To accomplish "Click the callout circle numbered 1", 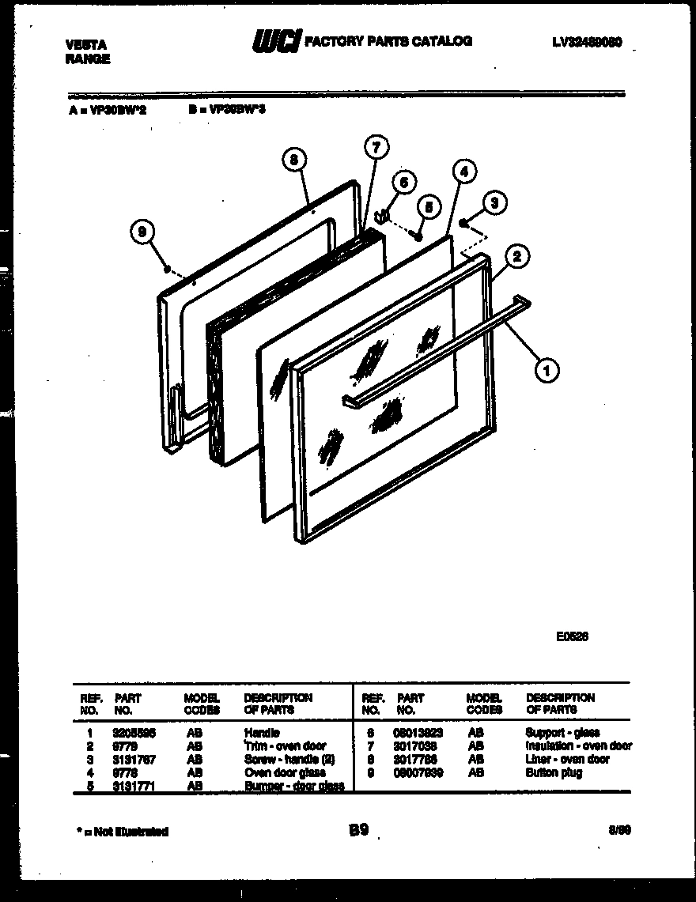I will pyautogui.click(x=545, y=368).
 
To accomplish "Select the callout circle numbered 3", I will pyautogui.click(x=494, y=203).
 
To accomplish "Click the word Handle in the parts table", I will pyautogui.click(x=263, y=733).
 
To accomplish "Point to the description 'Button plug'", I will pyautogui.click(x=554, y=773).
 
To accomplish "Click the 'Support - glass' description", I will pyautogui.click(x=562, y=733).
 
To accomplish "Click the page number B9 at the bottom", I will pyautogui.click(x=357, y=831).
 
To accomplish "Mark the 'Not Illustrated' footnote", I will pyautogui.click(x=123, y=832).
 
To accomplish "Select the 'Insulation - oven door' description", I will pyautogui.click(x=578, y=746).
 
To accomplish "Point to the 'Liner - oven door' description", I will pyautogui.click(x=567, y=760).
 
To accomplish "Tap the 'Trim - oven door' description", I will pyautogui.click(x=285, y=746).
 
